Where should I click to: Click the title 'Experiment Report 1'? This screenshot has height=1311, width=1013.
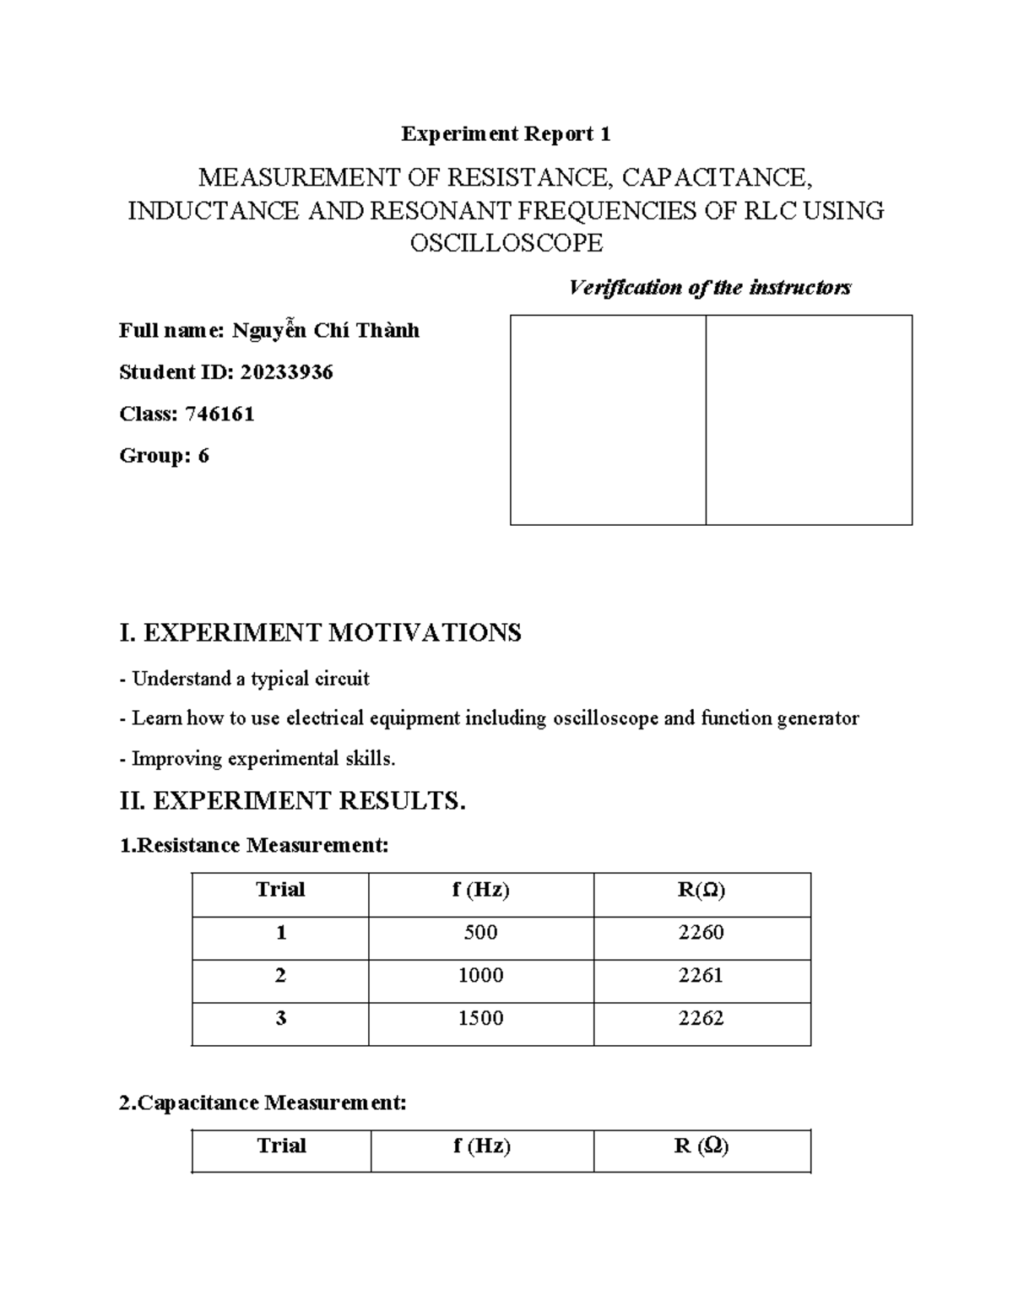(506, 133)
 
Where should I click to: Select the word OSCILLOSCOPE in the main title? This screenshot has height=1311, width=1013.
(506, 243)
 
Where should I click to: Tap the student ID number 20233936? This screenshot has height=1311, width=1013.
(286, 372)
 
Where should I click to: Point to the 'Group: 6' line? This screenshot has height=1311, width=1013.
(164, 456)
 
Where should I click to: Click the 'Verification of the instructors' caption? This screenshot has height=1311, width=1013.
(710, 288)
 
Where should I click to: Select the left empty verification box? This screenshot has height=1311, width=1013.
(608, 420)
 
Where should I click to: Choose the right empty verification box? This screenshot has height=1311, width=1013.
(809, 420)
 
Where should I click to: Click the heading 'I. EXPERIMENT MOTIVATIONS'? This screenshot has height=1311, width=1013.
(321, 632)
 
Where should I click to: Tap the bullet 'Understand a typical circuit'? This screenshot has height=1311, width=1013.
(250, 679)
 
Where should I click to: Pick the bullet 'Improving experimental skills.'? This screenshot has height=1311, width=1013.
(263, 759)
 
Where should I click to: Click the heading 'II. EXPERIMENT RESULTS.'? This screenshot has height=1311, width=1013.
(293, 800)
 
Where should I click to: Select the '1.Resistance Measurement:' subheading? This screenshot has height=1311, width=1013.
(254, 845)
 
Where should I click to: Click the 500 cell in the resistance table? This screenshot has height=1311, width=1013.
(480, 933)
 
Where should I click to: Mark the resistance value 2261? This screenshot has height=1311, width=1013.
(701, 976)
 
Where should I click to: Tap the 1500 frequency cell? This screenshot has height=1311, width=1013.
(480, 1019)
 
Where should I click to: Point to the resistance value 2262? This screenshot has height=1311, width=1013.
(701, 1019)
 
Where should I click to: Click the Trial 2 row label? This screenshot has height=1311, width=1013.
(280, 976)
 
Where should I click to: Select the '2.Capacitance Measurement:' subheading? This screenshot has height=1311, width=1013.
(263, 1102)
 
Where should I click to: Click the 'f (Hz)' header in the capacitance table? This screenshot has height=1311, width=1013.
(481, 1146)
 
